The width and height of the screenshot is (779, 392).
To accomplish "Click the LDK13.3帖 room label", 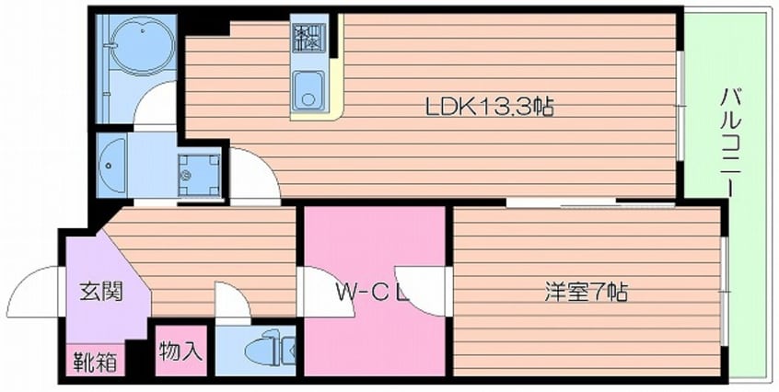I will (488, 108).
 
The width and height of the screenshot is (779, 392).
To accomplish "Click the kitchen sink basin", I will (308, 91).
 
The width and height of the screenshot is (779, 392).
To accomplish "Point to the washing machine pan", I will (199, 171).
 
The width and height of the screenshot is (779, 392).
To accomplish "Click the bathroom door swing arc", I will (157, 103).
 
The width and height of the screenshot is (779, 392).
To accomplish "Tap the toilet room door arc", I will (231, 302).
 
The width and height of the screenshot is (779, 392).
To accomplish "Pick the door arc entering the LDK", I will (255, 175).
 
